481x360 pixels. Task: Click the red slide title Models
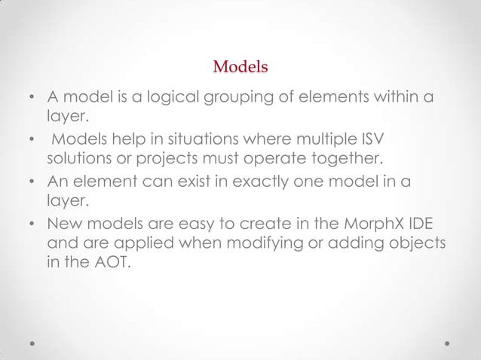tap(240, 67)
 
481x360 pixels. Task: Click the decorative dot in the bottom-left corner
tap(32, 343)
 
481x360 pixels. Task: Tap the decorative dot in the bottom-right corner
tap(448, 343)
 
